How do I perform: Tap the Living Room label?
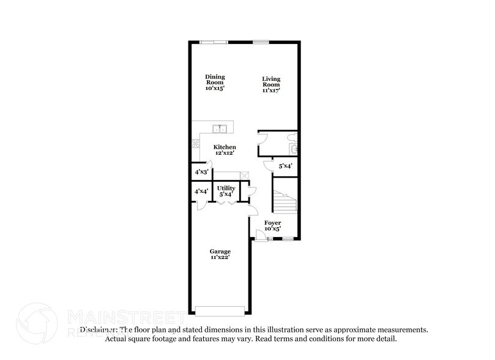coord(272,84)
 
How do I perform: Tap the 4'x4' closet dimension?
coord(201,192)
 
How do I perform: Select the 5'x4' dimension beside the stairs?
coord(285,166)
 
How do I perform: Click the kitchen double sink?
coord(220,129)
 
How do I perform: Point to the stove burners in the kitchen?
coord(196,145)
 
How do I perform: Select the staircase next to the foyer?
coord(285,200)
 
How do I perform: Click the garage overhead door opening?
coord(220,310)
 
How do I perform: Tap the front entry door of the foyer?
coord(260,235)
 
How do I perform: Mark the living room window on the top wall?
coord(261,42)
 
